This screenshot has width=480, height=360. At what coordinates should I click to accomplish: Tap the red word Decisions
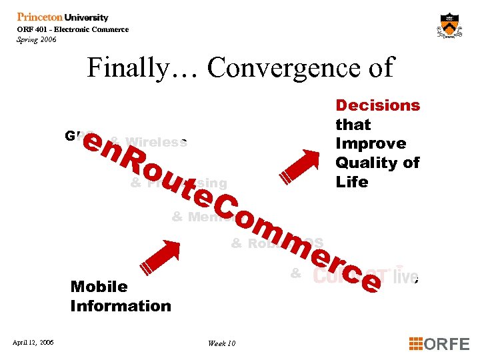click(x=377, y=105)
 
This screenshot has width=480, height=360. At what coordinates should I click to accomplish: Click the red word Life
click(x=351, y=182)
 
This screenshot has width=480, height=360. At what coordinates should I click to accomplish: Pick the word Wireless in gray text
click(x=157, y=142)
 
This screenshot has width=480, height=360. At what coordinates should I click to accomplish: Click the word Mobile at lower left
click(x=99, y=287)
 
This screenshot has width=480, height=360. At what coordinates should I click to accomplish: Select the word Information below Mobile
click(x=121, y=306)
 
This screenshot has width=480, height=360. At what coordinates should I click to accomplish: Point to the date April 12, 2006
click(x=33, y=343)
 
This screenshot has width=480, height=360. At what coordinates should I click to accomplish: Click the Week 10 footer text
click(x=221, y=343)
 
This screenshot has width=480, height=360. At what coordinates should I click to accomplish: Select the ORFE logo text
click(x=447, y=343)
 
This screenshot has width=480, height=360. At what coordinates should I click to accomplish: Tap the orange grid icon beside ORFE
click(x=415, y=343)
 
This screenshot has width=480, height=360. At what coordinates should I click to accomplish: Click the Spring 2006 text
click(x=37, y=39)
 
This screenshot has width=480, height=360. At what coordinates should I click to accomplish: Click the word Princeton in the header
click(x=41, y=17)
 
